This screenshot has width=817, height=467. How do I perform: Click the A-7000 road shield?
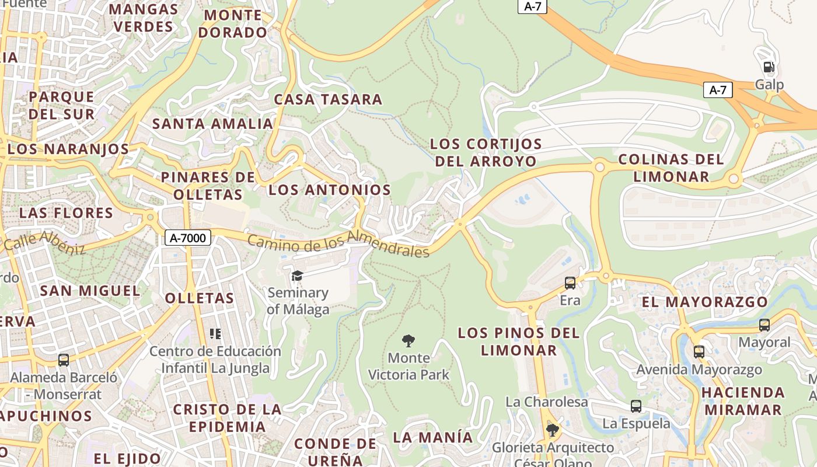(x=187, y=238)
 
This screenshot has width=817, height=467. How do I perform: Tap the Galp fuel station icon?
(x=769, y=67)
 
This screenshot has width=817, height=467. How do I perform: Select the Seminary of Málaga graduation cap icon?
(x=297, y=276)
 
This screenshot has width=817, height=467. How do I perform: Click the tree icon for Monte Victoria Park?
(x=408, y=341)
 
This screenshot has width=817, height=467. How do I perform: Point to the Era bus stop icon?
(x=570, y=283)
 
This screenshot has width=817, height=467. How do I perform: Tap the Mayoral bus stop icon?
(x=764, y=325)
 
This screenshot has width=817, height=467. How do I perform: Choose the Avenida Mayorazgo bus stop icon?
(x=699, y=352)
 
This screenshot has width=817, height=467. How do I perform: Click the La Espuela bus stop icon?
(x=636, y=406)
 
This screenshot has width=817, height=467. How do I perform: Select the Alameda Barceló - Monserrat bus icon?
(x=63, y=360)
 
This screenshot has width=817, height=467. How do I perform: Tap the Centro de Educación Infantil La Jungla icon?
(x=215, y=334)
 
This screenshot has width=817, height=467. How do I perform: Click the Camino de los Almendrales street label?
(x=338, y=244)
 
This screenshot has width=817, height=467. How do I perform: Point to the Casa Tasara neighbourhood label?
(x=328, y=99)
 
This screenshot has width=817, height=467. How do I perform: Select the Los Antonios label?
(x=329, y=190)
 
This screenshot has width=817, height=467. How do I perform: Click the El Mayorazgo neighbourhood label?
(x=704, y=302)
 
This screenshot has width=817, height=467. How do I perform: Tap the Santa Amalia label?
(x=212, y=124)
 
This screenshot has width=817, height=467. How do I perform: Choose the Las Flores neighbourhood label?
(x=66, y=212)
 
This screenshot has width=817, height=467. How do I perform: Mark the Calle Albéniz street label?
(x=44, y=242)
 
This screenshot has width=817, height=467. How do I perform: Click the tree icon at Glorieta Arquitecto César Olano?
(x=552, y=431)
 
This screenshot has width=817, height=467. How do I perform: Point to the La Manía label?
(x=432, y=437)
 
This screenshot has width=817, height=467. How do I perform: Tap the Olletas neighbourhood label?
(x=199, y=298)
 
